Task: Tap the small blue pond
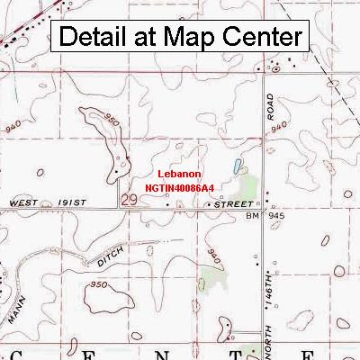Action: [237, 166]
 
